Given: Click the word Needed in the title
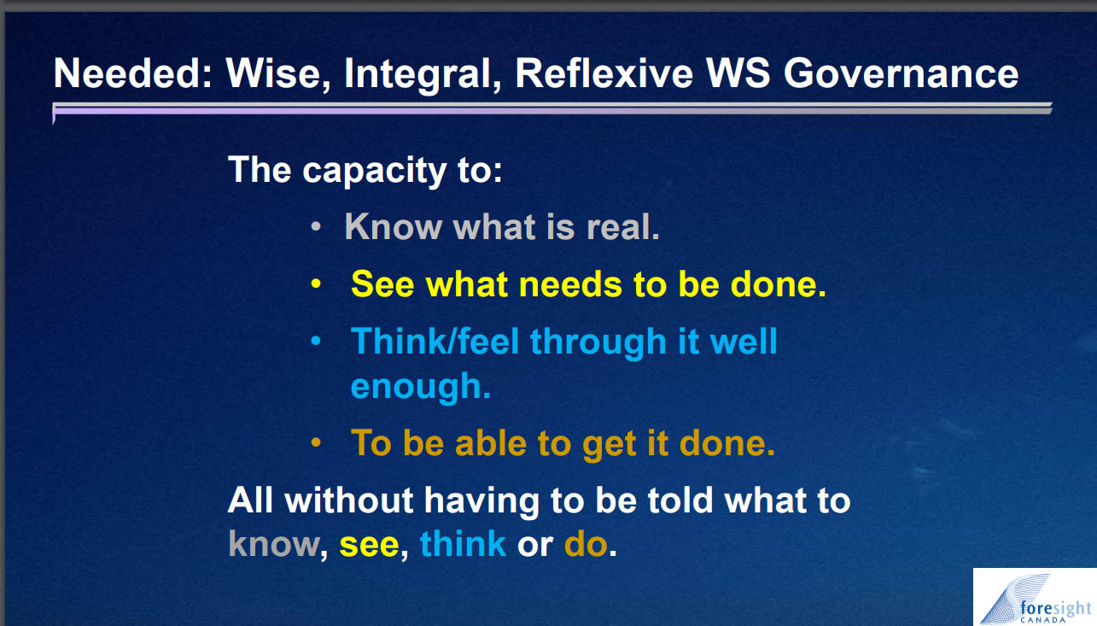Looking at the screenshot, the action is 132,73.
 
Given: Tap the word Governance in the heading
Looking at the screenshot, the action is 902,73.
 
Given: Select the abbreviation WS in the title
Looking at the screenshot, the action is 738,73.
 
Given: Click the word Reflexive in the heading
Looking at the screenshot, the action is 604,73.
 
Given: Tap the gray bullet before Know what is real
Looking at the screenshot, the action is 316,227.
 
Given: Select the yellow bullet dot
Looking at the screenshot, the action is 316,284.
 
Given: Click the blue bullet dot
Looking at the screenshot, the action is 316,341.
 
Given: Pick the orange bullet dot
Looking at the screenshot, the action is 316,442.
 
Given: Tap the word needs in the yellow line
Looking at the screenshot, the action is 570,285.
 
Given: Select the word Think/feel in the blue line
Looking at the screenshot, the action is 435,341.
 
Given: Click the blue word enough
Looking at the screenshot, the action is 421,388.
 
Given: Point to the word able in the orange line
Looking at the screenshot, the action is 490,442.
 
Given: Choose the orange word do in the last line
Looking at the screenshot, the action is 586,544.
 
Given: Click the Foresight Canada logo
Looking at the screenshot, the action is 1035,597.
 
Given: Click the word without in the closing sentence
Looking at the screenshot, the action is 349,500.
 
